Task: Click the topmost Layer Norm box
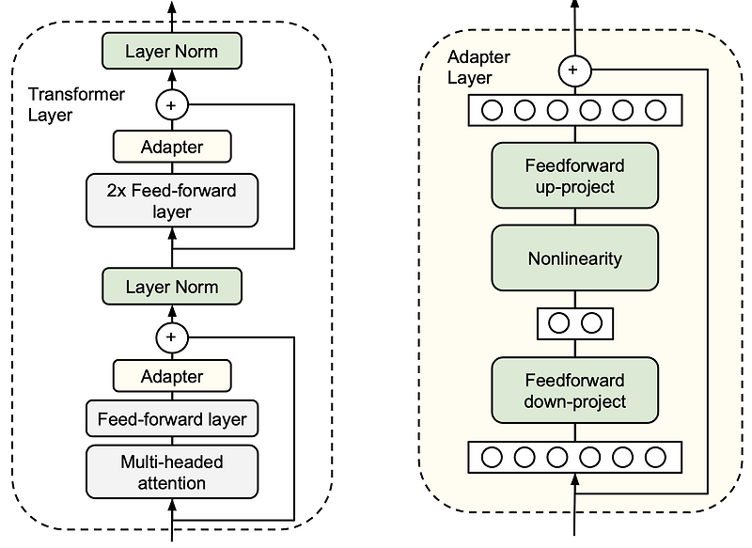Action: pyautogui.click(x=171, y=51)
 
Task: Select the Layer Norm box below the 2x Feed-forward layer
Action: pyautogui.click(x=171, y=287)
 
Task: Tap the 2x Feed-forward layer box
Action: pyautogui.click(x=171, y=201)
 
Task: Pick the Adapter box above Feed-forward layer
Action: pyautogui.click(x=171, y=376)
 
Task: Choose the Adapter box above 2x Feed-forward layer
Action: pyautogui.click(x=171, y=147)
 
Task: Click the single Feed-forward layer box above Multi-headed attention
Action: pyautogui.click(x=171, y=419)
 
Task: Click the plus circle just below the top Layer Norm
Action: pyautogui.click(x=171, y=104)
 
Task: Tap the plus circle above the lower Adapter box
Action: pyautogui.click(x=171, y=336)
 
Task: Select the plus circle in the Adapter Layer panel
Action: pyautogui.click(x=573, y=69)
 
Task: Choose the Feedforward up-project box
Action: pyautogui.click(x=573, y=176)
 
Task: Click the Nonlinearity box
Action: pyautogui.click(x=573, y=258)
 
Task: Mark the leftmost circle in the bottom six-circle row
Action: pyautogui.click(x=492, y=458)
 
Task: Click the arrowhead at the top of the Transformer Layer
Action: pyautogui.click(x=171, y=8)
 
